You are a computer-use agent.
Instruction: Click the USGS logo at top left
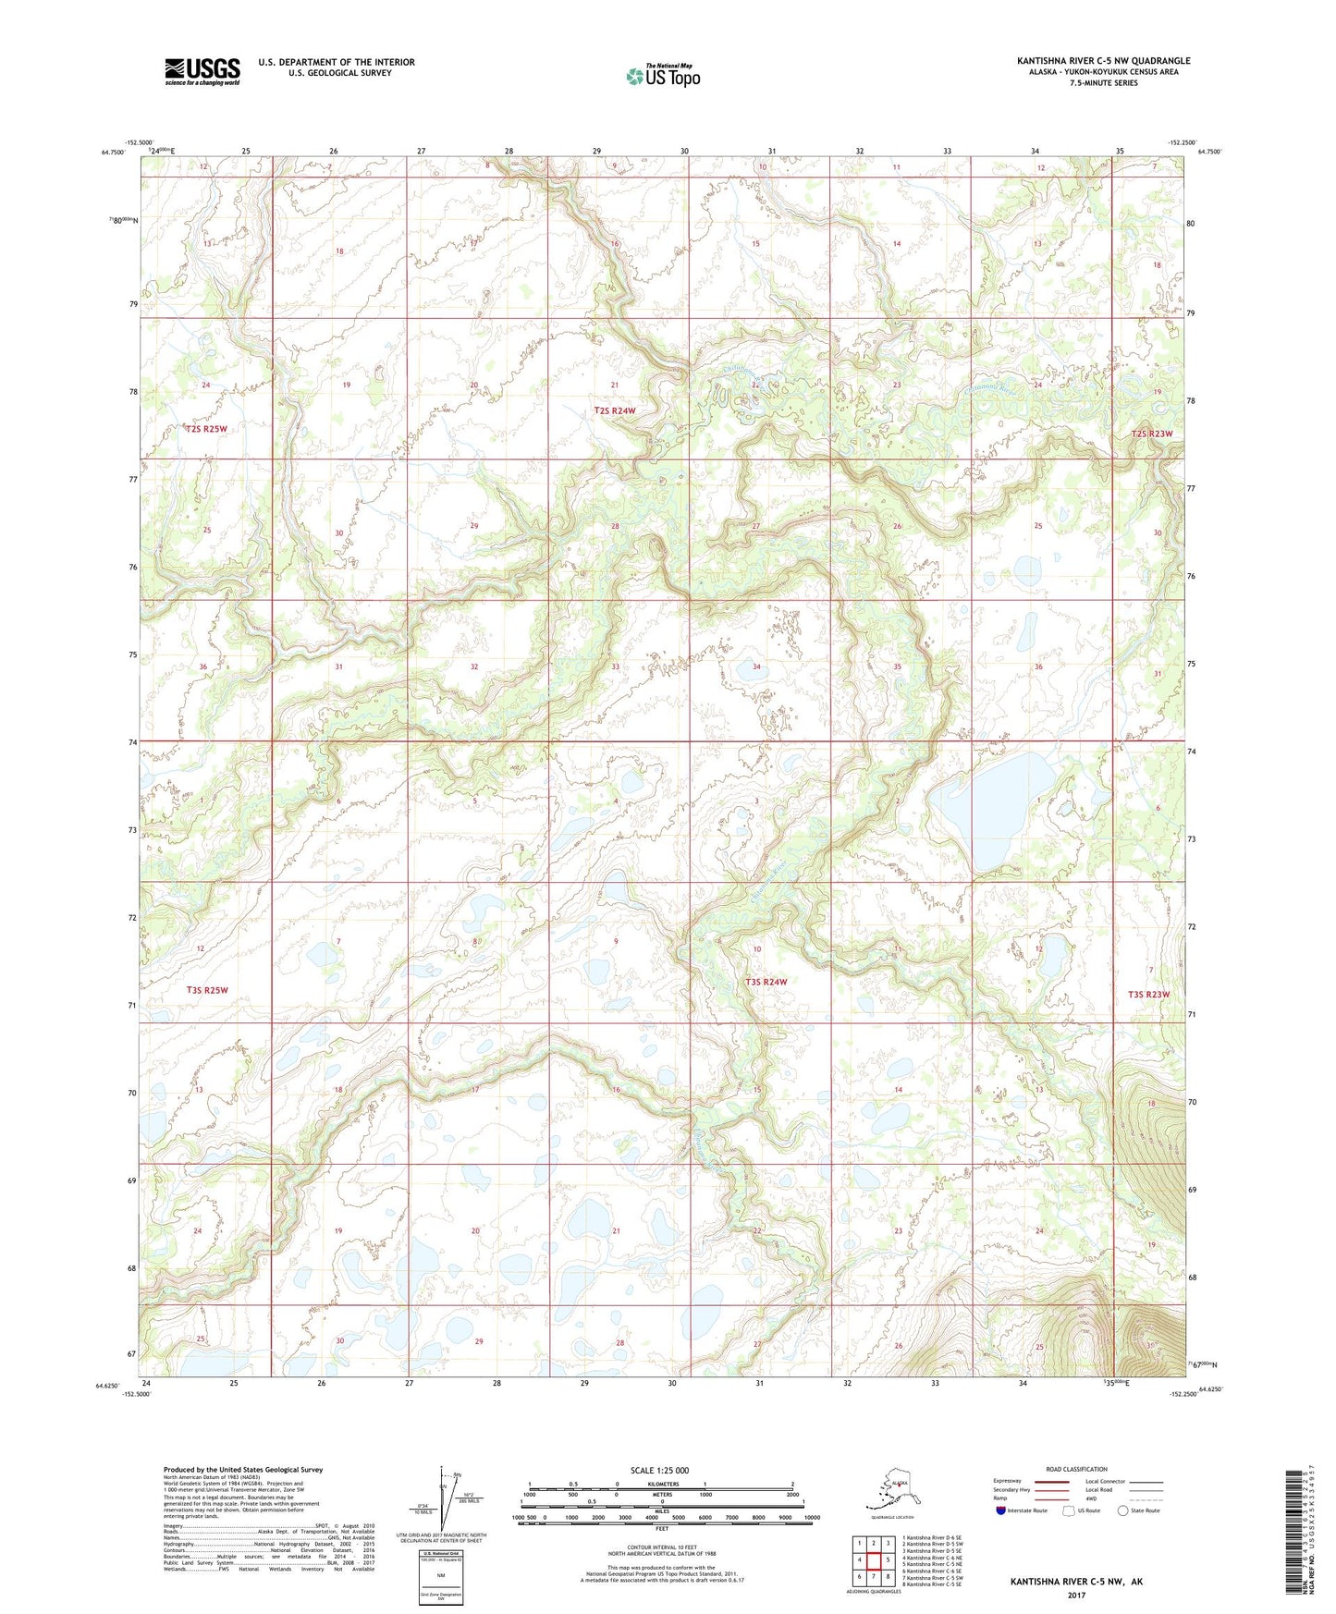202,71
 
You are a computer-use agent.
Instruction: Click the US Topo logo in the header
662,75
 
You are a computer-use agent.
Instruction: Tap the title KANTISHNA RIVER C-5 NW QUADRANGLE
1103,61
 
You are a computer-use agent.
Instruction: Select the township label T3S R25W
207,990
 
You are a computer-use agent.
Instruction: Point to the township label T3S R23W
1148,995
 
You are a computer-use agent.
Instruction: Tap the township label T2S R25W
206,429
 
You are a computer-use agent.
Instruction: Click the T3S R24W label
766,982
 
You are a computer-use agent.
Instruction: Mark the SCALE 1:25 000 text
660,1471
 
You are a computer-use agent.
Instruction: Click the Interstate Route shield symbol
1000,1511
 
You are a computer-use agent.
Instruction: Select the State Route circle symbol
1122,1511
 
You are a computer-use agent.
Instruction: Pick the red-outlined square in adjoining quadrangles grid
873,1560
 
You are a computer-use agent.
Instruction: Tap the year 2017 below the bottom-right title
1076,1595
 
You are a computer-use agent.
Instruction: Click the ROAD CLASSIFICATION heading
1076,1469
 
